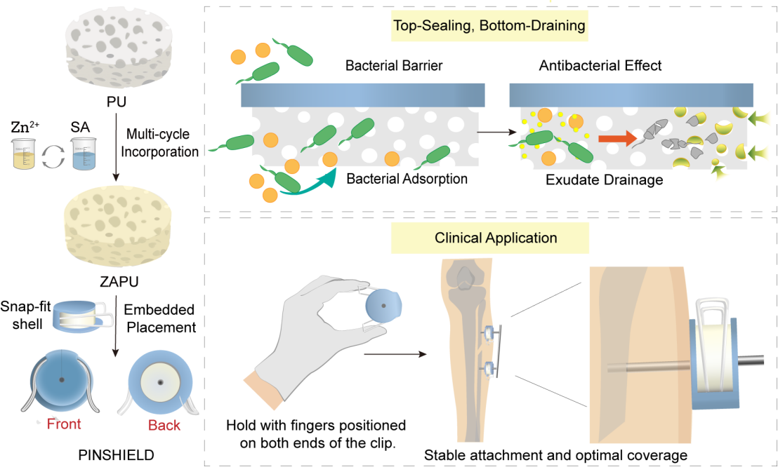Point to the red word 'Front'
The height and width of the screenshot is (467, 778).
[x=64, y=424]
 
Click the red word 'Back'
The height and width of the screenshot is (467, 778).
[x=164, y=425]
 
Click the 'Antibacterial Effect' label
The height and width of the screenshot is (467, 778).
[x=600, y=67]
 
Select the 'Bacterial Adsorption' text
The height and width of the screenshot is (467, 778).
[x=407, y=179]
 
